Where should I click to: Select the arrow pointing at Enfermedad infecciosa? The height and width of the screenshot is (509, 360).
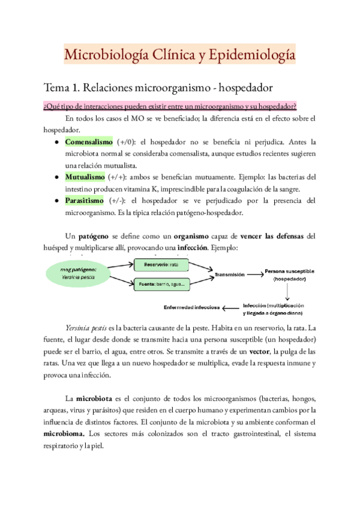point(230,308)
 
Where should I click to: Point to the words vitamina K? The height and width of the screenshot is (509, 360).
point(151,189)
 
